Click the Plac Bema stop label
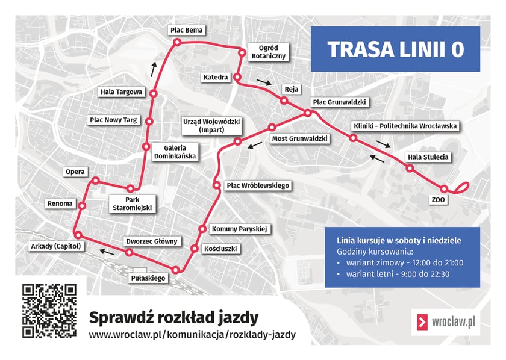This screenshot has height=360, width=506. pyautogui.click(x=187, y=29)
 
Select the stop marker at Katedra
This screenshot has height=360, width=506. pyautogui.click(x=237, y=78)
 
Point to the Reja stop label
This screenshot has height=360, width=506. pyautogui.click(x=292, y=90)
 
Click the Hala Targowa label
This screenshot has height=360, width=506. pyautogui.click(x=122, y=92)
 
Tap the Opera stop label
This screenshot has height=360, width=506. pyautogui.click(x=75, y=172)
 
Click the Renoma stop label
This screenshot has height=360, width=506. pyautogui.click(x=60, y=203)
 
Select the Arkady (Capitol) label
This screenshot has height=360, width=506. pyautogui.click(x=55, y=246)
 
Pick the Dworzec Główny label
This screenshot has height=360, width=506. pyautogui.click(x=152, y=241)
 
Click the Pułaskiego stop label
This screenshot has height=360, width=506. pyautogui.click(x=148, y=278)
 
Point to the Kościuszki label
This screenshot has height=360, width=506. pyautogui.click(x=222, y=248)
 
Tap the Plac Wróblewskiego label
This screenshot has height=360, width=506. pyautogui.click(x=258, y=185)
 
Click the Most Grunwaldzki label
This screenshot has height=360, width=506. pyautogui.click(x=299, y=138)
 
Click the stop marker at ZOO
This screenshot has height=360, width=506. pyautogui.click(x=445, y=189)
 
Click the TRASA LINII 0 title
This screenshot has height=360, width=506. pyautogui.click(x=395, y=49)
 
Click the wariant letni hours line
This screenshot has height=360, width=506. pyautogui.click(x=398, y=275)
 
